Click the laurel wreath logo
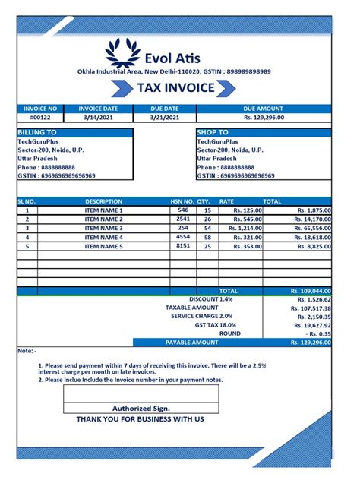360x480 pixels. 124,52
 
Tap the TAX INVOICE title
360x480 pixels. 175,88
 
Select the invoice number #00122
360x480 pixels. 39,118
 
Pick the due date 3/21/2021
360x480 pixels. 164,118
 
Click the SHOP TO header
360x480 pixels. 213,132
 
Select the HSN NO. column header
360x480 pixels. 182,202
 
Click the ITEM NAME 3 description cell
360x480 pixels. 103,228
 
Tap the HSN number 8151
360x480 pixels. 183,246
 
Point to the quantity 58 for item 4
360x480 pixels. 207,237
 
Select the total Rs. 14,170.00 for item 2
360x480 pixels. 311,219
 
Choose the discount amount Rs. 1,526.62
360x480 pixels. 311,299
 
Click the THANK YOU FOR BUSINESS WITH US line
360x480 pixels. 141,419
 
